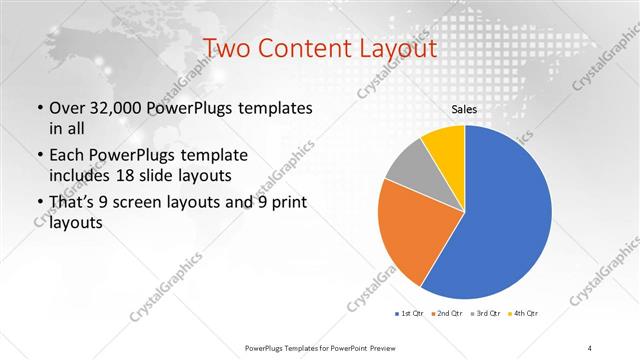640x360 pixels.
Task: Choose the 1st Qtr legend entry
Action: (409, 314)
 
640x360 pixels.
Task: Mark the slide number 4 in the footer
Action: (590, 347)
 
